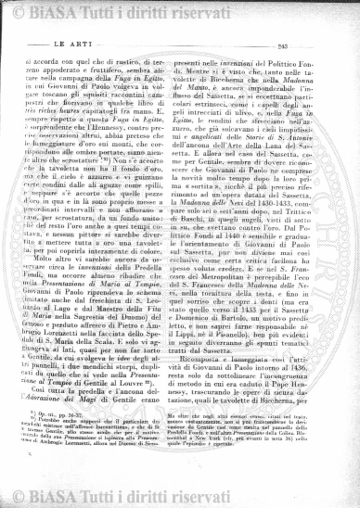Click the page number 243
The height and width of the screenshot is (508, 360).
click(324, 44)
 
